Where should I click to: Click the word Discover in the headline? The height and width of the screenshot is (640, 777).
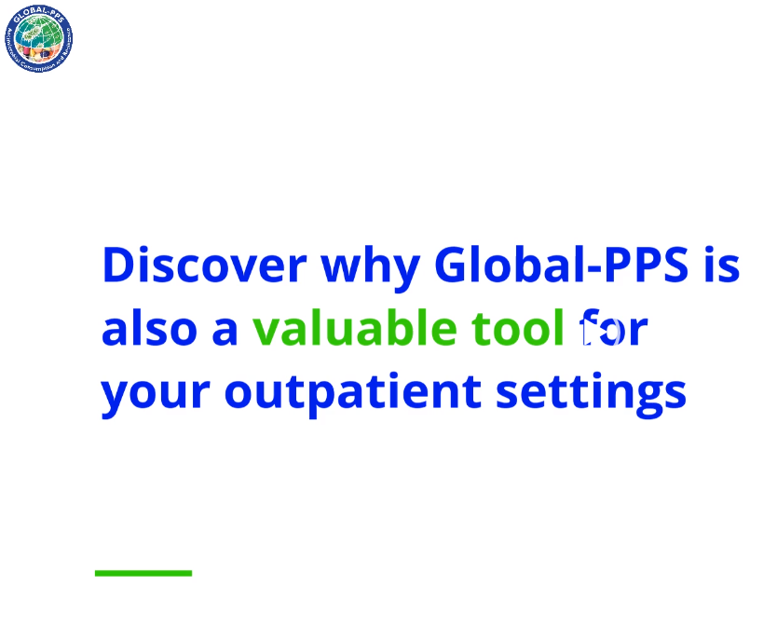point(204,266)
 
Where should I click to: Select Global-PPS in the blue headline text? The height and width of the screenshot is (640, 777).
point(561,266)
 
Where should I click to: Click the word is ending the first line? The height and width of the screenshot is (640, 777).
point(721,266)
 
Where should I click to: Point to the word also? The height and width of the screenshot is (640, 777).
point(144,329)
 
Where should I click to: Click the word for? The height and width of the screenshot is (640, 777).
point(612,329)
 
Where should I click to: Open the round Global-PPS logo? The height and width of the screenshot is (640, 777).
point(38,39)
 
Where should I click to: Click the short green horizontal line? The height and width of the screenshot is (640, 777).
point(143,573)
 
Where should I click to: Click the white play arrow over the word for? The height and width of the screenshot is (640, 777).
point(590,330)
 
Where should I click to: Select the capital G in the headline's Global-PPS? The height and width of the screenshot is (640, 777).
point(454,266)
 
